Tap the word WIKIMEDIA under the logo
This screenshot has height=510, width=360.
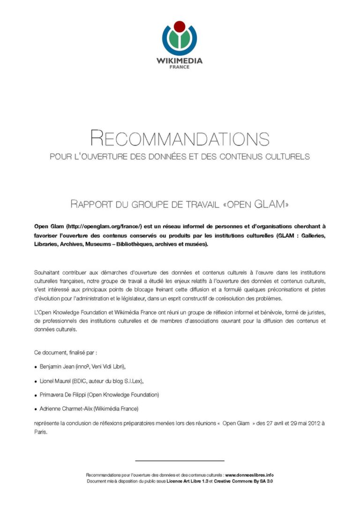pyautogui.click(x=180, y=61)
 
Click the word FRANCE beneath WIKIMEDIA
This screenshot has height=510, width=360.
pyautogui.click(x=180, y=67)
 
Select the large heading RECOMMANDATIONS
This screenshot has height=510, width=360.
pyautogui.click(x=180, y=138)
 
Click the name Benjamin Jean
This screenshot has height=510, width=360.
pyautogui.click(x=56, y=365)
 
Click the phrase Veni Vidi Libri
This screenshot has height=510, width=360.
pyautogui.click(x=108, y=365)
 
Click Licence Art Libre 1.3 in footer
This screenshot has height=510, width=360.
pyautogui.click(x=187, y=481)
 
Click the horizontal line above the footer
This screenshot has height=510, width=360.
pyautogui.click(x=180, y=461)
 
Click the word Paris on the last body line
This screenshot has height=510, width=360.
pyautogui.click(x=40, y=432)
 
